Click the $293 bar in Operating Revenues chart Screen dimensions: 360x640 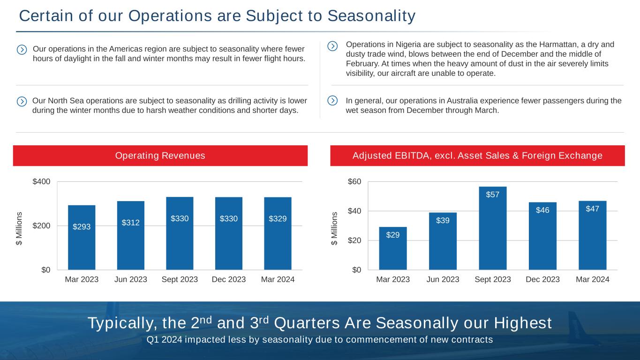click(x=82, y=237)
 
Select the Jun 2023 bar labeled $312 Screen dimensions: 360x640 click(x=131, y=235)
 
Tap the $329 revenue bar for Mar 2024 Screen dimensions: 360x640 click(x=278, y=233)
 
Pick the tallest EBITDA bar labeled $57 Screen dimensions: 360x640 click(x=492, y=228)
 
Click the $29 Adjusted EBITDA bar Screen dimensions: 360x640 click(x=393, y=248)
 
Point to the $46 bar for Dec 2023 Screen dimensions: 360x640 click(x=542, y=236)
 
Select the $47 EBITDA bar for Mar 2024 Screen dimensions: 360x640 click(x=592, y=235)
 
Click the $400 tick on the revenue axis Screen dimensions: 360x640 click(x=41, y=181)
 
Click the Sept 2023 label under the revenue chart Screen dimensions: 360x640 click(x=180, y=279)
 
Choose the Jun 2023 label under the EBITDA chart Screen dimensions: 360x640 click(x=443, y=279)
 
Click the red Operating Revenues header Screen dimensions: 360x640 click(x=160, y=156)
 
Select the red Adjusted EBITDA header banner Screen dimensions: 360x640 click(x=477, y=156)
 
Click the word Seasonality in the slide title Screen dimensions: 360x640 click(x=371, y=16)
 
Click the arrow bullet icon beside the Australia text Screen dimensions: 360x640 click(x=332, y=100)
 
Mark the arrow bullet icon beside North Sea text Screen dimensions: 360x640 click(x=22, y=101)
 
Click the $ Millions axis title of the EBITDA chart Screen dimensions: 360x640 click(x=334, y=228)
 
